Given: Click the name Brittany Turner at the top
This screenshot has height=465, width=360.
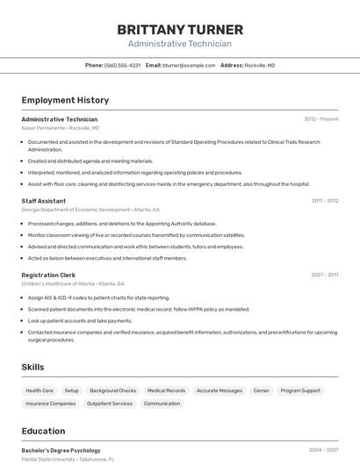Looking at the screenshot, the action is pyautogui.click(x=180, y=30).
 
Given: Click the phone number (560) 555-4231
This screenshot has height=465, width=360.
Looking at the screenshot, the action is pyautogui.click(x=122, y=65).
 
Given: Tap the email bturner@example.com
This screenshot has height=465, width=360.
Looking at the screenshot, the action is pyautogui.click(x=189, y=65).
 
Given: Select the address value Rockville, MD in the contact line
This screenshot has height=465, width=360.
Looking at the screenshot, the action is pyautogui.click(x=259, y=65).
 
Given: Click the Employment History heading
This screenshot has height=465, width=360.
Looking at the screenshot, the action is pyautogui.click(x=65, y=100).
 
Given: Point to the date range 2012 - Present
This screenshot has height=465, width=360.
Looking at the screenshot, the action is pyautogui.click(x=320, y=119).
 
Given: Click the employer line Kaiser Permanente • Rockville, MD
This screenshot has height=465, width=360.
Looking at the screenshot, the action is pyautogui.click(x=61, y=128).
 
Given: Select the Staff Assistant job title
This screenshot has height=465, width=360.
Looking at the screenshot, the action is pyautogui.click(x=43, y=201).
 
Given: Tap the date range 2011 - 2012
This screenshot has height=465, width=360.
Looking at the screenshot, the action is pyautogui.click(x=324, y=201).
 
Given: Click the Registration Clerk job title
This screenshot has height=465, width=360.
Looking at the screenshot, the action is pyautogui.click(x=48, y=275).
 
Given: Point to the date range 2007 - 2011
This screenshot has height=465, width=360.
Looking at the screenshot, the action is pyautogui.click(x=324, y=275).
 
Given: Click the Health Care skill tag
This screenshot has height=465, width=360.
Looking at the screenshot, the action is pyautogui.click(x=40, y=390).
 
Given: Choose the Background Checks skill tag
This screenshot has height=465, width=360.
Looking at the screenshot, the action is pyautogui.click(x=112, y=390).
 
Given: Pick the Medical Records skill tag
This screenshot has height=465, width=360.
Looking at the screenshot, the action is pyautogui.click(x=166, y=390).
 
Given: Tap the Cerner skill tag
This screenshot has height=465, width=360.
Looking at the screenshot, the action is pyautogui.click(x=261, y=390).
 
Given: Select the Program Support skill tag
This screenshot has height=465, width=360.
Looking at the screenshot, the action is pyautogui.click(x=300, y=390).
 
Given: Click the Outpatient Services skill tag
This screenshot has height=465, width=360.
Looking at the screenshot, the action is pyautogui.click(x=110, y=404).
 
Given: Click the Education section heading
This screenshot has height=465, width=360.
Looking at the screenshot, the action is pyautogui.click(x=43, y=431).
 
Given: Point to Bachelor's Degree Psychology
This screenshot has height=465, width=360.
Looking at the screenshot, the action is pyautogui.click(x=61, y=450).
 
